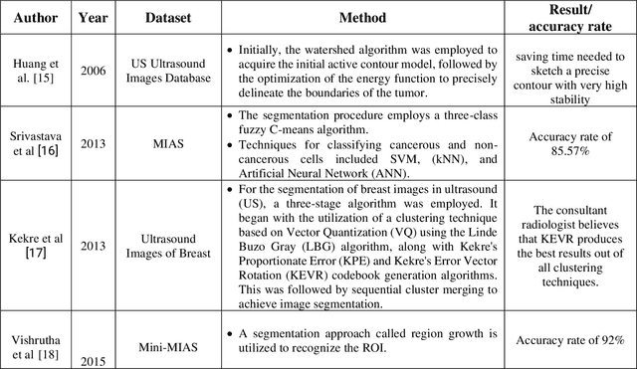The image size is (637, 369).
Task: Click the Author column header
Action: (x=36, y=18)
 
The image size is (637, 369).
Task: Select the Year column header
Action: (x=94, y=18)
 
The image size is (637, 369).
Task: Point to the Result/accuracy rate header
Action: (x=577, y=18)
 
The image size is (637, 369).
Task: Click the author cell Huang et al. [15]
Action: (x=36, y=72)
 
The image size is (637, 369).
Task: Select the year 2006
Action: (x=94, y=72)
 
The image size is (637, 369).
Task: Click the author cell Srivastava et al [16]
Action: (x=36, y=143)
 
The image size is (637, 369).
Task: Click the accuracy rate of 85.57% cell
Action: (x=577, y=143)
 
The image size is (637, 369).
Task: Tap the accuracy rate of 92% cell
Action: (x=577, y=341)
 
